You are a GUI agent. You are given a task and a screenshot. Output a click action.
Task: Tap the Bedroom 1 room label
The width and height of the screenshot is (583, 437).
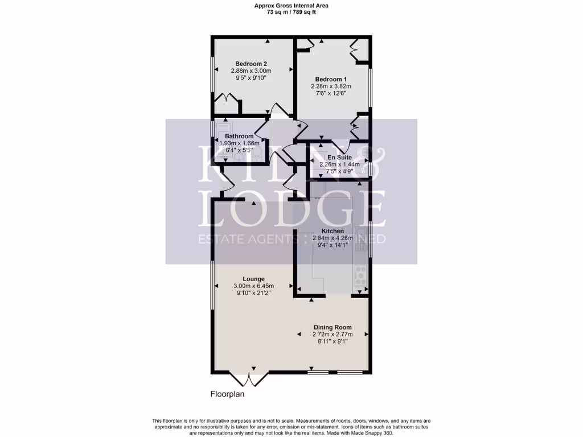coord(331,79)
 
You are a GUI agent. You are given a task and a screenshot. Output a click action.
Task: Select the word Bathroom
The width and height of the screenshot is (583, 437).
coord(239,137)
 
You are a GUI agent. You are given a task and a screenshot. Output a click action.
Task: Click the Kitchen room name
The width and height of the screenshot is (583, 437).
coord(332,231)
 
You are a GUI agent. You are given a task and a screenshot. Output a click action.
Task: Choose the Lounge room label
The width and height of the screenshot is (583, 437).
coord(253,279)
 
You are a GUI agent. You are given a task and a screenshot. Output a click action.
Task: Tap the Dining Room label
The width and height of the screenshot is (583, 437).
coord(332,327)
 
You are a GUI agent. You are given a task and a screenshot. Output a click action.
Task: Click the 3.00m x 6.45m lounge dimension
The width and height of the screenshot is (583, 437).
coord(253,286)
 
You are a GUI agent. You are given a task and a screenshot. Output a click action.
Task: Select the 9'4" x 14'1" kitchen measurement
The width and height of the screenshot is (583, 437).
coord(332,245)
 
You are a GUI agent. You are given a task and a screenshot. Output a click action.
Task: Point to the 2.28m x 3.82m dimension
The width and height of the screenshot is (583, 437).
coord(331,86)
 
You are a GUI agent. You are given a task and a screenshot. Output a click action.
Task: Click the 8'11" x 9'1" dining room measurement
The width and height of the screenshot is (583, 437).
coord(332,341)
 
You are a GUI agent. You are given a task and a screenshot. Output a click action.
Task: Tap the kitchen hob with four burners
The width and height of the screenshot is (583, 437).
coord(360,275)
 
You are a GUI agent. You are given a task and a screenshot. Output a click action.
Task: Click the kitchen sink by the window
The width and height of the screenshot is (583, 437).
coord(361,234)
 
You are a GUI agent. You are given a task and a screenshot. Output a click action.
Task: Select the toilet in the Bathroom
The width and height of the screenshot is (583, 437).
coord(256,153)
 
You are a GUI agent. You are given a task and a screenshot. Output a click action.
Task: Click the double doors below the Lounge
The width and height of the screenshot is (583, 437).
coord(250,379)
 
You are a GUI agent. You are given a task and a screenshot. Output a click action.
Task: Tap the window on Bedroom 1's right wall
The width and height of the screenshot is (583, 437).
coord(370,86)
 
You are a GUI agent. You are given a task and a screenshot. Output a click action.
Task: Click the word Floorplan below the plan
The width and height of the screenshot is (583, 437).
coord(228,394)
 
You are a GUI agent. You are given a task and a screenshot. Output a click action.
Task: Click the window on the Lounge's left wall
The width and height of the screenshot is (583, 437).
coord(212,287)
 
